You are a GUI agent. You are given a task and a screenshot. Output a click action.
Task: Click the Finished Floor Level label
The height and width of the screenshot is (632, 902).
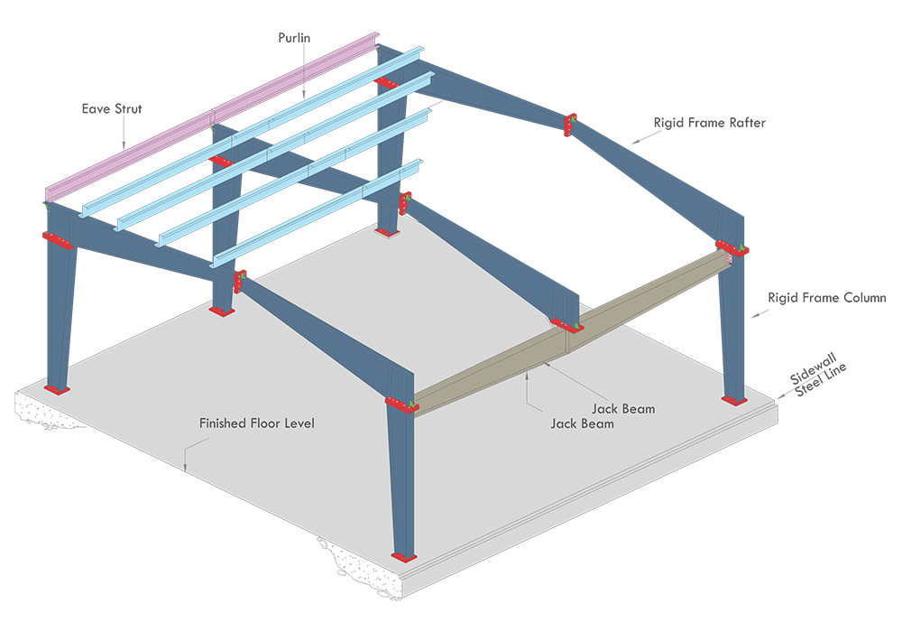[257, 423]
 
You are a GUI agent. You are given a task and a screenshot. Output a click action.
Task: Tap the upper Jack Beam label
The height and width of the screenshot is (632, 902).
[623, 409]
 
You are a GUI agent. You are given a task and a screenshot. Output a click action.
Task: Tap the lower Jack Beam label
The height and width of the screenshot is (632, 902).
[582, 423]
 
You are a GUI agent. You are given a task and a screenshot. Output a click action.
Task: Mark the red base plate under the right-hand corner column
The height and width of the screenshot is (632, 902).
[734, 400]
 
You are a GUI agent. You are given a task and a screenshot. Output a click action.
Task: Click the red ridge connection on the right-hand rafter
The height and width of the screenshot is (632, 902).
[569, 125]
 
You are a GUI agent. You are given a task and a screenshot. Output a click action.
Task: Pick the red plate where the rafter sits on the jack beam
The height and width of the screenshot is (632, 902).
[567, 325]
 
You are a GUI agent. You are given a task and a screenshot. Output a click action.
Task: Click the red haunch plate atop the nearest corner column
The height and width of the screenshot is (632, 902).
[401, 404]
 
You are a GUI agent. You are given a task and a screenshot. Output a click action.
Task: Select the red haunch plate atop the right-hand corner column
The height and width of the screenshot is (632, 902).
[732, 246]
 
